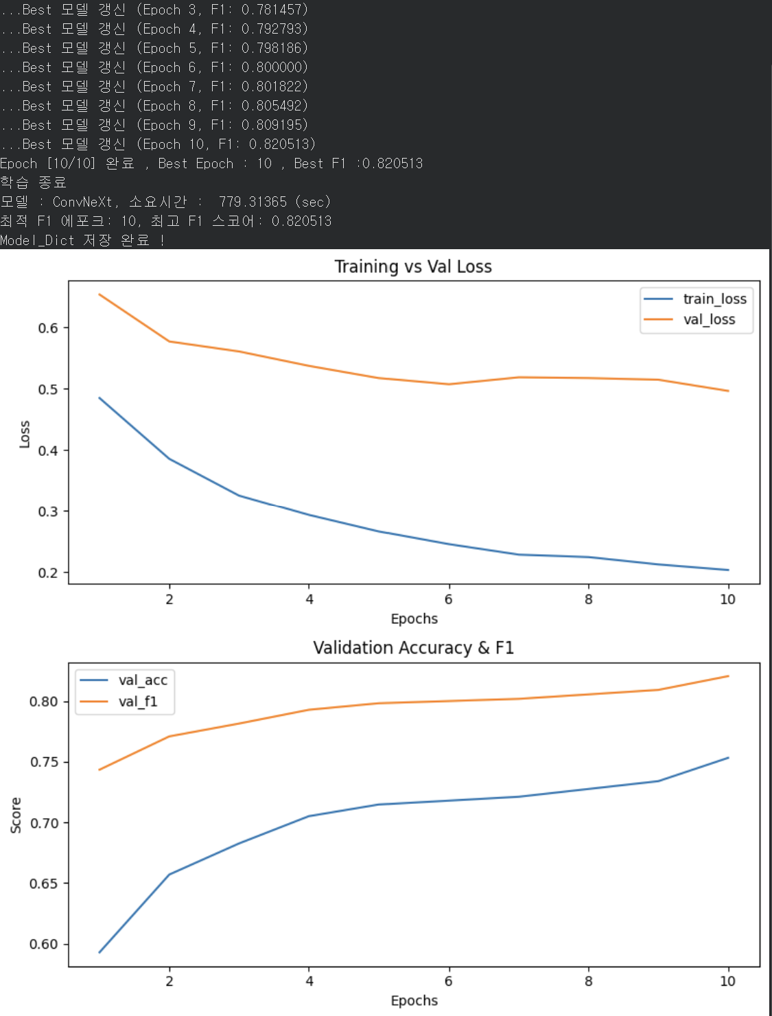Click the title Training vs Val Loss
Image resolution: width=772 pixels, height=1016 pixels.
tap(413, 266)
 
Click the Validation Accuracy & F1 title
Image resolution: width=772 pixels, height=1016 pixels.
tap(414, 647)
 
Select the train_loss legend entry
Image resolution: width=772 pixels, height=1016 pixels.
tap(694, 299)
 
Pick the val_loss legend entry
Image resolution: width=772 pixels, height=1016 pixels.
tap(689, 319)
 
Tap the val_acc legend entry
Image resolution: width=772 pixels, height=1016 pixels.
tap(124, 680)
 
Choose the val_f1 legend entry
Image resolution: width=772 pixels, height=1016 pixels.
tap(119, 702)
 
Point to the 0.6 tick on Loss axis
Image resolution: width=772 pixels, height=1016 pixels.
tap(47, 328)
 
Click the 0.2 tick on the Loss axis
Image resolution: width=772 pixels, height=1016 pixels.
tap(47, 573)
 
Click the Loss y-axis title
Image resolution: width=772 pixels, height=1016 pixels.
tap(25, 434)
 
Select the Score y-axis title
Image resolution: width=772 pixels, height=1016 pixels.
tap(16, 815)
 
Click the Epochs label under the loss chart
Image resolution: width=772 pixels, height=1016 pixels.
tap(414, 619)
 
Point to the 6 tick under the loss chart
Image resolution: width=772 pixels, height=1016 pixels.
tap(448, 599)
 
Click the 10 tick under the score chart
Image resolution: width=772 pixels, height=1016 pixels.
tap(727, 981)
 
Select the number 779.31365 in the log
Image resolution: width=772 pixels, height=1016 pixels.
tap(253, 202)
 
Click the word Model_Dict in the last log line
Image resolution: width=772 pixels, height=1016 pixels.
tap(37, 240)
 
